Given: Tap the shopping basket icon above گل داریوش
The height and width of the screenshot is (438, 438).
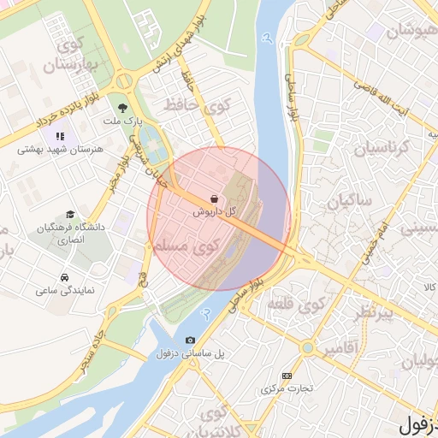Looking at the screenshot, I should (x=213, y=198).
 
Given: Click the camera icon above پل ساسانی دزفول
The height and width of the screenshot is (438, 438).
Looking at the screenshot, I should (x=190, y=340).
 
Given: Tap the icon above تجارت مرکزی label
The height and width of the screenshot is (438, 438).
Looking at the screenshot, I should (x=287, y=376).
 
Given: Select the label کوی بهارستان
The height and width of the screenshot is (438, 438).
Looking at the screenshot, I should (x=74, y=54).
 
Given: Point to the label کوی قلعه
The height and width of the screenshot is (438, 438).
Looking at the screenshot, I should (x=295, y=305).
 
